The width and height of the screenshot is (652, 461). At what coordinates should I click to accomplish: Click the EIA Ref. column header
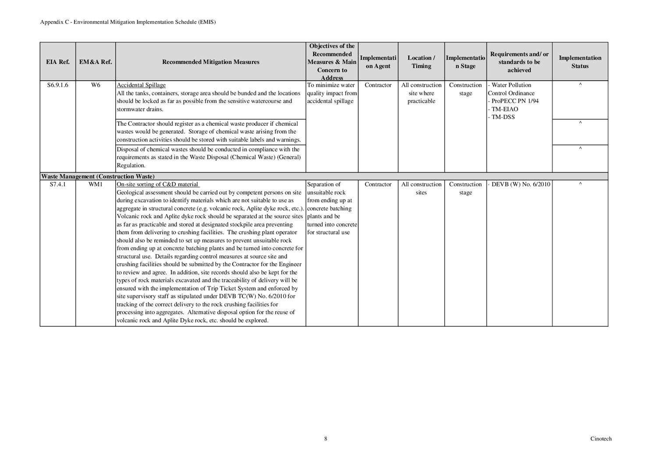[x=58, y=62]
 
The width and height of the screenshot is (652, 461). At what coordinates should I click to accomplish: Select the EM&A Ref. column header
[x=96, y=62]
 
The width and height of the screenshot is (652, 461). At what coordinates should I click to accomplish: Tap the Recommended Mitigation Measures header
[x=210, y=62]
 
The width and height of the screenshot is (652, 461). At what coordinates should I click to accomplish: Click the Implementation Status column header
[x=580, y=62]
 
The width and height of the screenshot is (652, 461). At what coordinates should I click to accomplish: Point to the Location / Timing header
[x=421, y=62]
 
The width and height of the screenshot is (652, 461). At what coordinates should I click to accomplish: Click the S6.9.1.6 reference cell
[x=58, y=85]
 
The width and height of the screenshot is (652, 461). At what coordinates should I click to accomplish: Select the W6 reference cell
[x=96, y=85]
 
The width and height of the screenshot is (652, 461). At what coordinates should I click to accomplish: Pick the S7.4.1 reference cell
[x=58, y=184]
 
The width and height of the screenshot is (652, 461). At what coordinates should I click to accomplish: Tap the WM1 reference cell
[x=96, y=184]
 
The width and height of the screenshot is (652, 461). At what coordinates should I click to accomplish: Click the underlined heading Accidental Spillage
[x=141, y=85]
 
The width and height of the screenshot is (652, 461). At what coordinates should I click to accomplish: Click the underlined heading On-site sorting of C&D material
[x=158, y=184]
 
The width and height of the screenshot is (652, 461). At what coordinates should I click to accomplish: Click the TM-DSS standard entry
[x=503, y=117]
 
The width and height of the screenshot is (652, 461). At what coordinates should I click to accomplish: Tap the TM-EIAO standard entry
[x=504, y=109]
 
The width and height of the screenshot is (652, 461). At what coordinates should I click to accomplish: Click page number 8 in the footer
[x=326, y=439]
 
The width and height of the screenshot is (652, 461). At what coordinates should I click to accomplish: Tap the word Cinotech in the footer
[x=601, y=439]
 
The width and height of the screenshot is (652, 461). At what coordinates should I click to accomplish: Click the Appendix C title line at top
[x=128, y=22]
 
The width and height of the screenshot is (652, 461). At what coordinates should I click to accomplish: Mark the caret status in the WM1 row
[x=580, y=184]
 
